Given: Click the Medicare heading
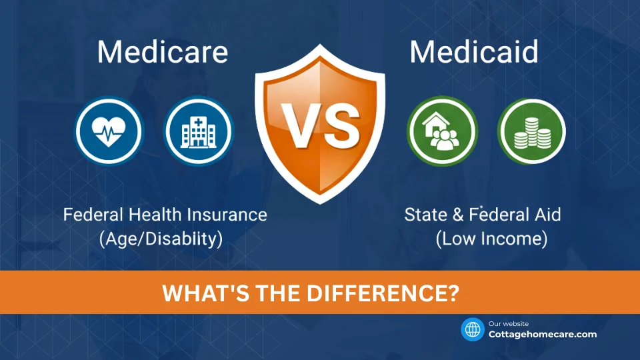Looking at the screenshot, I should click(x=163, y=52).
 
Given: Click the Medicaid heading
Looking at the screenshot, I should click(x=474, y=52).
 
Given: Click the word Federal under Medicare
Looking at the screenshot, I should click(x=90, y=215).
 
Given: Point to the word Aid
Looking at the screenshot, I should click(x=547, y=215).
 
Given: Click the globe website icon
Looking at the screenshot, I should click(x=473, y=329).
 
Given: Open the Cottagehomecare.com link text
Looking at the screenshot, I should click(x=543, y=335).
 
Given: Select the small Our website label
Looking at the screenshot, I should click(x=509, y=323).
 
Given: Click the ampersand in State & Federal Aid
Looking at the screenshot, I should click(x=457, y=215).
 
